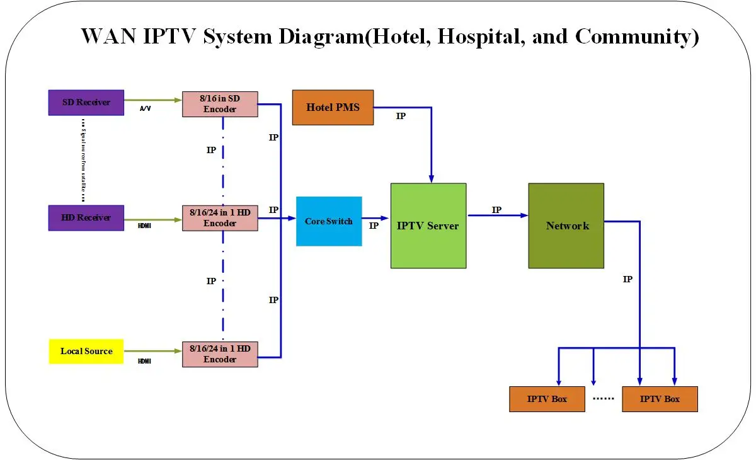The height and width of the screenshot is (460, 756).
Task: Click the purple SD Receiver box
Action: tap(86, 103)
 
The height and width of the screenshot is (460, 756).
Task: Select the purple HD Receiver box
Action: tap(86, 218)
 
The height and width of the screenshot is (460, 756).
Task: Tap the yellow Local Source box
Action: tap(86, 352)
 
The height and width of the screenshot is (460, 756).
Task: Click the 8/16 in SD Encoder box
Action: tap(220, 104)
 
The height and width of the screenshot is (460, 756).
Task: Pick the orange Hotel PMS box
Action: tap(333, 107)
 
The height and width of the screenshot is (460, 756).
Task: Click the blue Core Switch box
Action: tap(329, 221)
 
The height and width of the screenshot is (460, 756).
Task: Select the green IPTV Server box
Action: tap(428, 226)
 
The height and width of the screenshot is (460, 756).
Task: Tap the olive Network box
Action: tap(566, 226)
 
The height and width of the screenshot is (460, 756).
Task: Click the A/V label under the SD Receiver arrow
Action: tap(145, 109)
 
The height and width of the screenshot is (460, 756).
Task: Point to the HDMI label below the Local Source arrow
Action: tap(145, 361)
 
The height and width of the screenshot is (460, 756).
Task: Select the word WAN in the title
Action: tap(108, 37)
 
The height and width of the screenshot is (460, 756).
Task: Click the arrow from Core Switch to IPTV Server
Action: tap(376, 218)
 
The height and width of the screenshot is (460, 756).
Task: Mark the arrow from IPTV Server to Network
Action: tap(497, 216)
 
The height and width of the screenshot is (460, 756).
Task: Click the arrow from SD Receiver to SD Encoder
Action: tap(153, 100)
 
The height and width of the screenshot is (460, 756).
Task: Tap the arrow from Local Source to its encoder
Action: tap(153, 351)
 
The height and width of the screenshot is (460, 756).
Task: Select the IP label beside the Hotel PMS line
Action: tap(401, 117)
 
